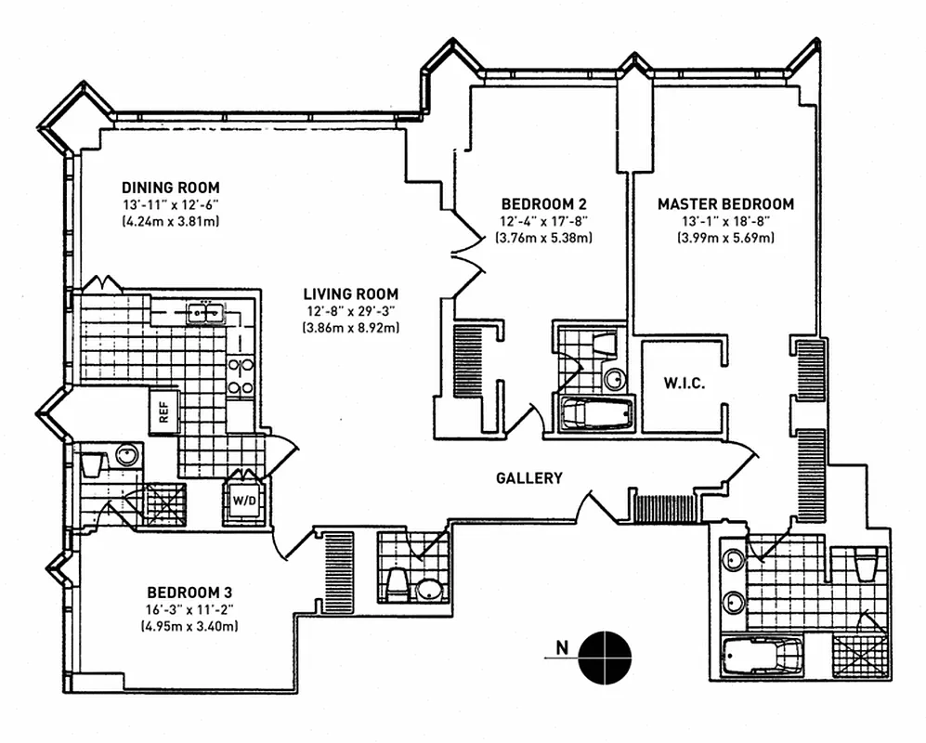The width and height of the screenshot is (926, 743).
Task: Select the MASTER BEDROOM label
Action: (x=725, y=203)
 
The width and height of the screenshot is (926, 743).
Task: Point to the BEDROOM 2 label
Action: (x=543, y=203)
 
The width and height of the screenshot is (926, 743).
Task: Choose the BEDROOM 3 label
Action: (x=189, y=593)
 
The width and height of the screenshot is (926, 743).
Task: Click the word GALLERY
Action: (x=528, y=478)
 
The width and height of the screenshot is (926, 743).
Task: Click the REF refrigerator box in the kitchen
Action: (x=163, y=412)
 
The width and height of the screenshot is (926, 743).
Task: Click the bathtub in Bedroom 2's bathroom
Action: (x=593, y=412)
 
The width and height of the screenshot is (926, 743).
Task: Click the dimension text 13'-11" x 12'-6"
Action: (x=169, y=205)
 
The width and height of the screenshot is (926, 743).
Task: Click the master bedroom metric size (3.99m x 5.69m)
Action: (x=725, y=238)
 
